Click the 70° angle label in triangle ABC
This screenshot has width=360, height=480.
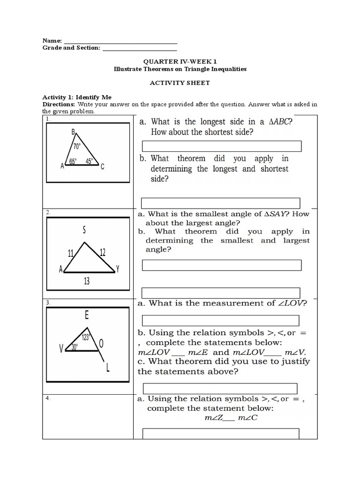pos(77,146)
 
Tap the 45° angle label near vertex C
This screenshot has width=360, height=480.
pos(89,162)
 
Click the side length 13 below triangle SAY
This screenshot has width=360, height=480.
pos(87,281)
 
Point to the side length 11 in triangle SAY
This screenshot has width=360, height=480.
pos(71,254)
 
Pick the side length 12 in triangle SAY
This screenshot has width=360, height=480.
pos(102,253)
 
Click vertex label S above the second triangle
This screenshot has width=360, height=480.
pos(84,230)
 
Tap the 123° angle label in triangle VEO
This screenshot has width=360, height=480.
pos(86,337)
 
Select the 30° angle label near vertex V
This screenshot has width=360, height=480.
pos(74,347)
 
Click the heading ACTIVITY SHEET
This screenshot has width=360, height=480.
pos(180,83)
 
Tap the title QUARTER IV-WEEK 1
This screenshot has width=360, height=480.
pos(180,61)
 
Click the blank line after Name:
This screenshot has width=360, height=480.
pos(120,41)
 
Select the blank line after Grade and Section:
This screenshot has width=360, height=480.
pos(139,48)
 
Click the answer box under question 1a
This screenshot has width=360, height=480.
pos(221,146)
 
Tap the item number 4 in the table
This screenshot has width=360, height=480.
pos(47,398)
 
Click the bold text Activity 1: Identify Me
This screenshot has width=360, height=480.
pos(77,97)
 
